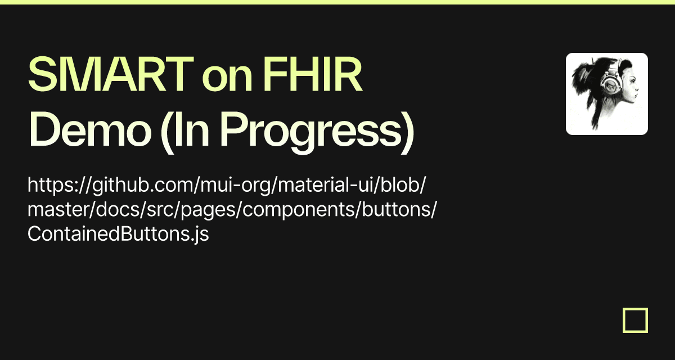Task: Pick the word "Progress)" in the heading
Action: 317,131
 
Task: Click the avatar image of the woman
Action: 606,94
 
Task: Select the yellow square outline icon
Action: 635,320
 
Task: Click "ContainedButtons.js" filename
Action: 118,234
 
